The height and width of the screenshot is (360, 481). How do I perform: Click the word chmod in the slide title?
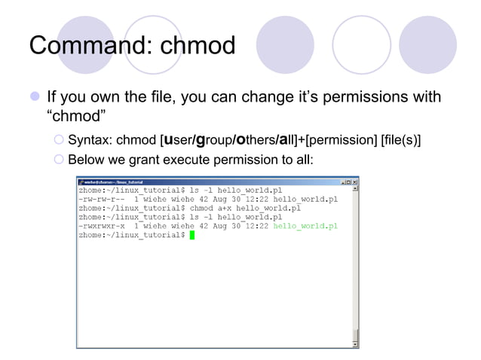[x=197, y=46]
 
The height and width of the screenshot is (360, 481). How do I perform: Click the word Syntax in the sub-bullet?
[x=90, y=140]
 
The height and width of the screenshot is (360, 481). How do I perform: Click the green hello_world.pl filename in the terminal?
[x=305, y=225]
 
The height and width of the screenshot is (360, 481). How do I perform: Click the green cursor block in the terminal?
[x=192, y=235]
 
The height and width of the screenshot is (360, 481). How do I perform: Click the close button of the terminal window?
[x=355, y=182]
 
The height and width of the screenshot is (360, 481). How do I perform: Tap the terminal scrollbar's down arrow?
[x=355, y=343]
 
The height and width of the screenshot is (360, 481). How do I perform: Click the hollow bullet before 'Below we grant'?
[x=60, y=160]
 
